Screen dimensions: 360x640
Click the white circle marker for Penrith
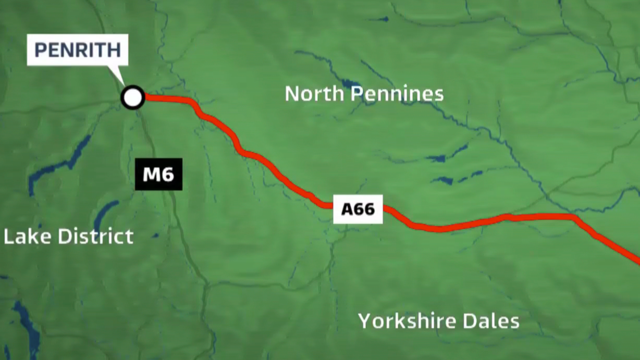[x=133, y=97]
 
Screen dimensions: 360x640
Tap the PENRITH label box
[x=78, y=51]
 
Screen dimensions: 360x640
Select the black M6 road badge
[x=158, y=175]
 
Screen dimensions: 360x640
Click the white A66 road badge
[x=358, y=209]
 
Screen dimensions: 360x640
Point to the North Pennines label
[x=364, y=94]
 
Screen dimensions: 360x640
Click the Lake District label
[x=68, y=237]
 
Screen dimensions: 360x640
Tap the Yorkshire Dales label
[x=438, y=321]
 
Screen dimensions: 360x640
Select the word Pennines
[x=397, y=94]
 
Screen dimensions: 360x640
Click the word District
[x=95, y=237]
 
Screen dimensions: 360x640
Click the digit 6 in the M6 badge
[x=168, y=175]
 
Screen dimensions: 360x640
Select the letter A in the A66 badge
[x=347, y=209]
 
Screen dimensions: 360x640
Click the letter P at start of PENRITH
[x=40, y=51]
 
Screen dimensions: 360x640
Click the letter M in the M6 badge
[x=152, y=175]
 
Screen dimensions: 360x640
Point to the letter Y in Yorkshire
[x=364, y=321]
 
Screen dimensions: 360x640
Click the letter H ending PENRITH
[x=115, y=51]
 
